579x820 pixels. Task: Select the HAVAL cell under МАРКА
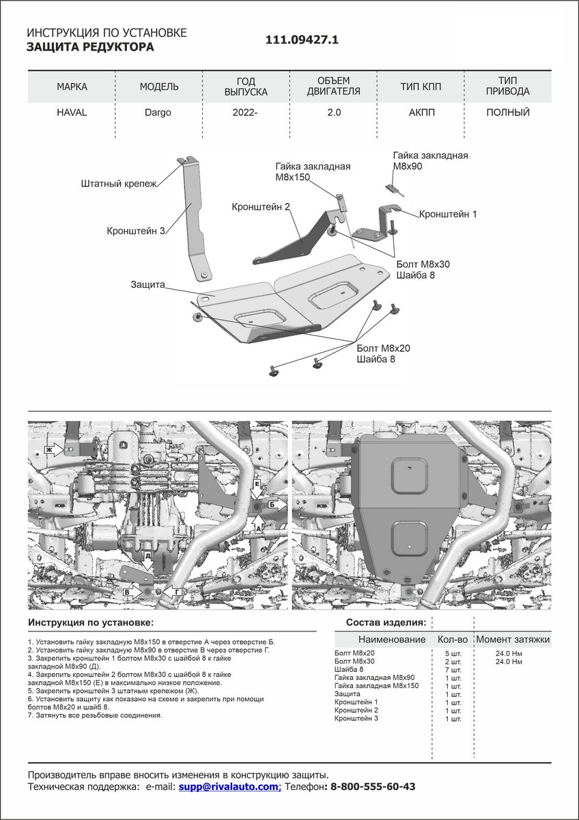[x=72, y=113]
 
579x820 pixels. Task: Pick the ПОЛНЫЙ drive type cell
[x=507, y=113]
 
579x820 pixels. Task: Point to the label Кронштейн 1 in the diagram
[x=447, y=214]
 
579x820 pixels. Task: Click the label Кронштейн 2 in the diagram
[x=261, y=206]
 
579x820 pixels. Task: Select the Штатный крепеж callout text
[x=119, y=184]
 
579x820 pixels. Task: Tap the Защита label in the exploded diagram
[x=148, y=284]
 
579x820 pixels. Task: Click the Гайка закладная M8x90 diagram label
[x=429, y=161]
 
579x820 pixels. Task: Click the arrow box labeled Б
[x=276, y=504]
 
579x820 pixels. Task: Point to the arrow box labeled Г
[x=176, y=591]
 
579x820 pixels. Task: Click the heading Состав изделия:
[x=386, y=623]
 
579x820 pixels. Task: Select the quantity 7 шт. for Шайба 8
[x=453, y=670]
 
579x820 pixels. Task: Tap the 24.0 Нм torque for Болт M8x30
[x=508, y=661]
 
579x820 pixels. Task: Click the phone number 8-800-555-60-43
[x=372, y=787]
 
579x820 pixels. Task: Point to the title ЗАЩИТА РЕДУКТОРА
[x=90, y=47]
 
